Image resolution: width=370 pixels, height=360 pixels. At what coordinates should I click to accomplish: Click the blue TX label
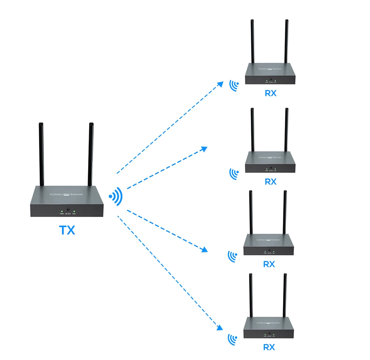67,230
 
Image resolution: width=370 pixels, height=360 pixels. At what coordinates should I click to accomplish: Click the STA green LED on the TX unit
74,211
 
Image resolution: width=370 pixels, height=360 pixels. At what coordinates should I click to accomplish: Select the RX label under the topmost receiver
270,93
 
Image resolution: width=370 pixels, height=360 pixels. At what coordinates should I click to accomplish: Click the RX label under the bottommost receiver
269,347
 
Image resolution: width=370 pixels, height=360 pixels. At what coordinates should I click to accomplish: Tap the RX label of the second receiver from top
270,182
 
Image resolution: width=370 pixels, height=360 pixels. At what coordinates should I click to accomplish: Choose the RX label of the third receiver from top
269,264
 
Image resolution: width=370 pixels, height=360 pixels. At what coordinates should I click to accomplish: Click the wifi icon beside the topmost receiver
233,85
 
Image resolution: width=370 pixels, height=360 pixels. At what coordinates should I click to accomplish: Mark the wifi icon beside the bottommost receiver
232,339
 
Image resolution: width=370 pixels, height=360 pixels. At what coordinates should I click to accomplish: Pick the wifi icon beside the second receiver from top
233,173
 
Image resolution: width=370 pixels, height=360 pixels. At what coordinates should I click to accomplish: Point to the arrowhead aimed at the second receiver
204,148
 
